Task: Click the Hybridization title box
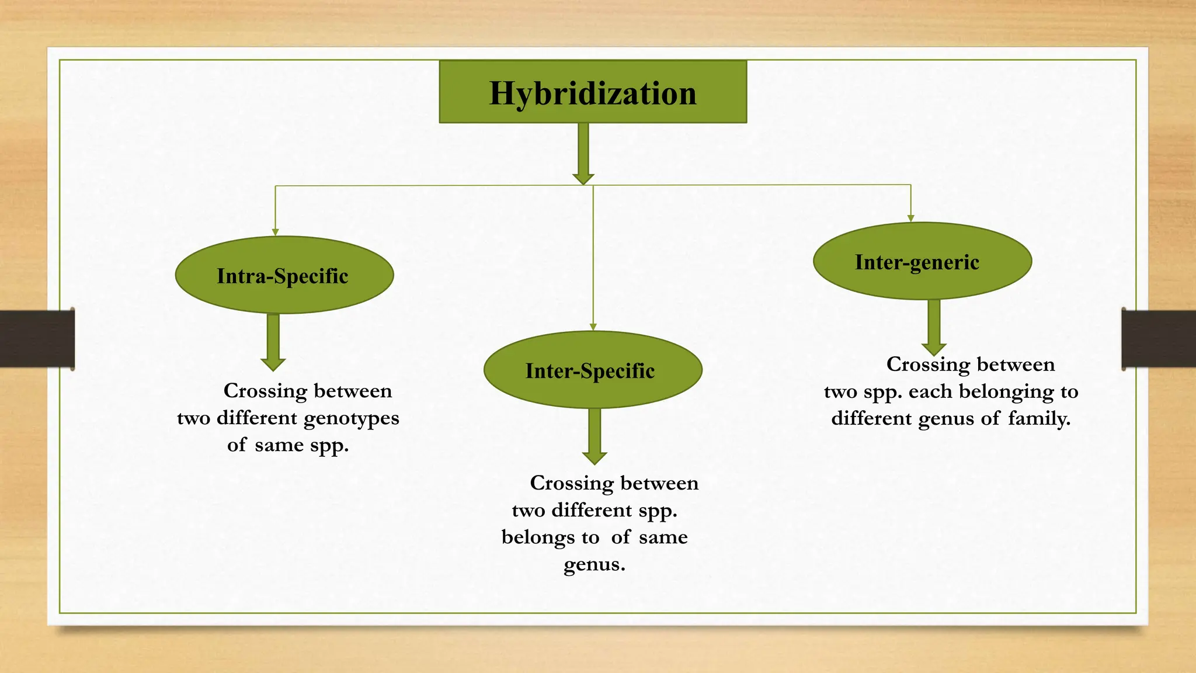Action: tap(593, 92)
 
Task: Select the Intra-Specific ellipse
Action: tap(284, 275)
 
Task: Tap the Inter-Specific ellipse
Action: tap(592, 370)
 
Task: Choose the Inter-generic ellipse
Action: tap(922, 261)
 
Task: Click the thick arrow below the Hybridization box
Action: tap(583, 153)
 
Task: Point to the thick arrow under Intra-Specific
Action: tap(273, 341)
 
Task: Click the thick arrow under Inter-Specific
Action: tap(594, 435)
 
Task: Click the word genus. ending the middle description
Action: tap(594, 564)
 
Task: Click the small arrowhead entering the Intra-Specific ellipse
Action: tap(275, 232)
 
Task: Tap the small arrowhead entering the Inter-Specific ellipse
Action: tap(593, 327)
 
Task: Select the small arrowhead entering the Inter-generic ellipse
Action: tap(910, 218)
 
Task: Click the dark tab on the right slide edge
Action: tap(1158, 339)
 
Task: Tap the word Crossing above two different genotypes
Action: tap(265, 391)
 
